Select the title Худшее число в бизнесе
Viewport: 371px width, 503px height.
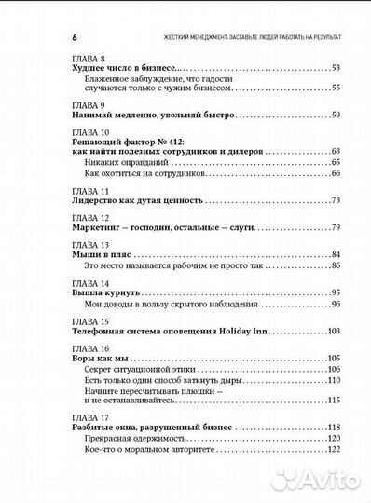coord(124,68)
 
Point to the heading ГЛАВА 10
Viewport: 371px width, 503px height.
coord(91,130)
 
